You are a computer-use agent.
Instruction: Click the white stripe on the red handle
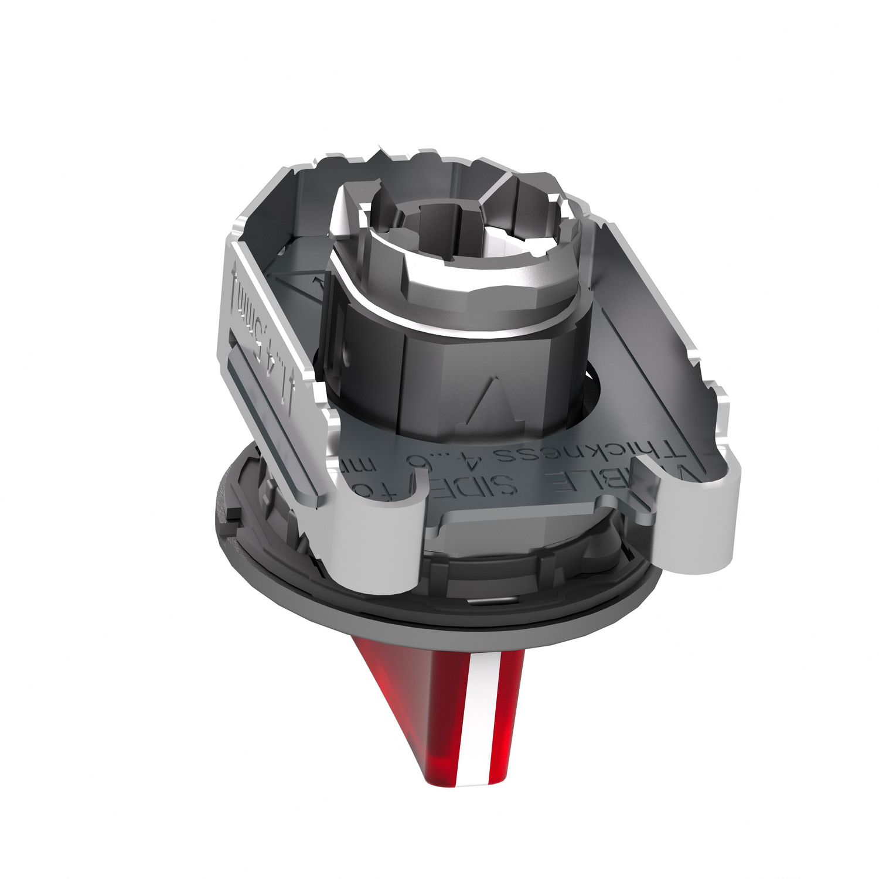[x=476, y=721]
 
